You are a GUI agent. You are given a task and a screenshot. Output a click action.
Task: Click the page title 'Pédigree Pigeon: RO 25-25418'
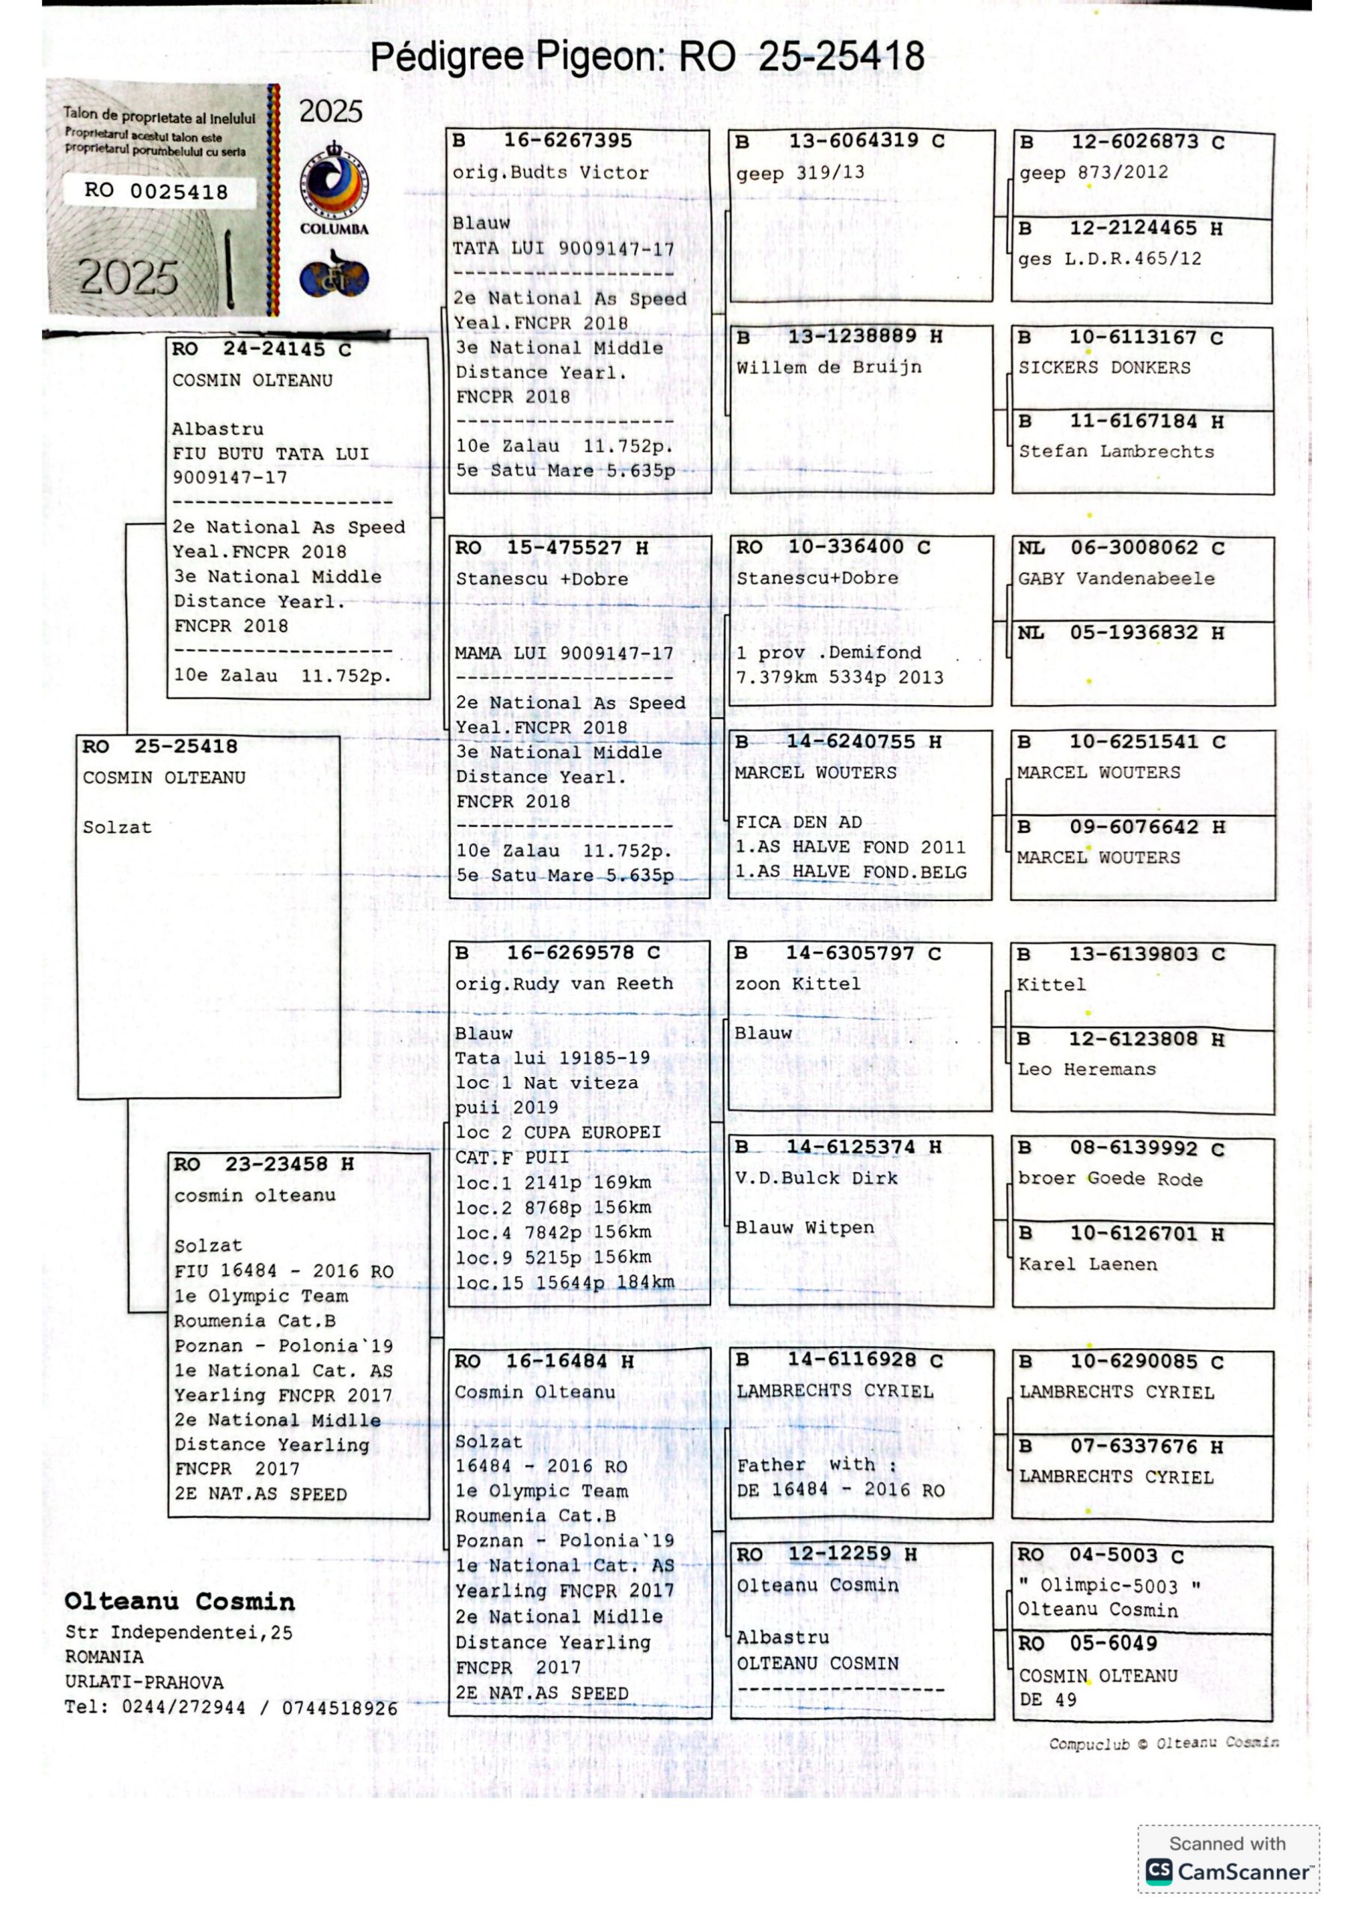pos(647,57)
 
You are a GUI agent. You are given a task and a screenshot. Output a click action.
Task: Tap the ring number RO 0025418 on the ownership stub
pos(156,191)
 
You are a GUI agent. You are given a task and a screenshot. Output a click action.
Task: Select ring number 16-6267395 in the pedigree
pos(567,141)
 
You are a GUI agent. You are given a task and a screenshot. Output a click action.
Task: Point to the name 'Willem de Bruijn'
pos(828,367)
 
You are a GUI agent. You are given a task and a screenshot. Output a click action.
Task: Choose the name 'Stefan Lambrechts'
pos(1115,451)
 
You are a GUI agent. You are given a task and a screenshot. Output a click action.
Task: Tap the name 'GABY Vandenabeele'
pos(1115,579)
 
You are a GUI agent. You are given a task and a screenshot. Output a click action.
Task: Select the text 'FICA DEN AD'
pos(798,822)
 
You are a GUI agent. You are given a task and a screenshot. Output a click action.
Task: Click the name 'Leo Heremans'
pos(1086,1069)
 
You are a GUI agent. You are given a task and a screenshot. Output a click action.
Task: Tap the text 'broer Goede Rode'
pos(1109,1178)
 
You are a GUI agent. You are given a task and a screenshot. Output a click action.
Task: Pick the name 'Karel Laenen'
pos(1087,1263)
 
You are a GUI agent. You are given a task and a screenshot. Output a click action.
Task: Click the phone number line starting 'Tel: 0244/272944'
pos(231,1707)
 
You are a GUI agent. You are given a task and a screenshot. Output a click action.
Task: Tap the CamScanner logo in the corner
pos(1226,1871)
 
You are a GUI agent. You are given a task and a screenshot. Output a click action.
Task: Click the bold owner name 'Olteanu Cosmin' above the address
pos(180,1602)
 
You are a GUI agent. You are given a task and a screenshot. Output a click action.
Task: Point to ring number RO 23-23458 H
pos(263,1164)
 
